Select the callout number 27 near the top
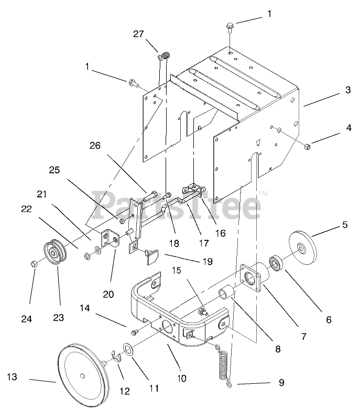coord(138,35)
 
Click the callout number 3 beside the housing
coord(347,90)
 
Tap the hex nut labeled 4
coord(308,145)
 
